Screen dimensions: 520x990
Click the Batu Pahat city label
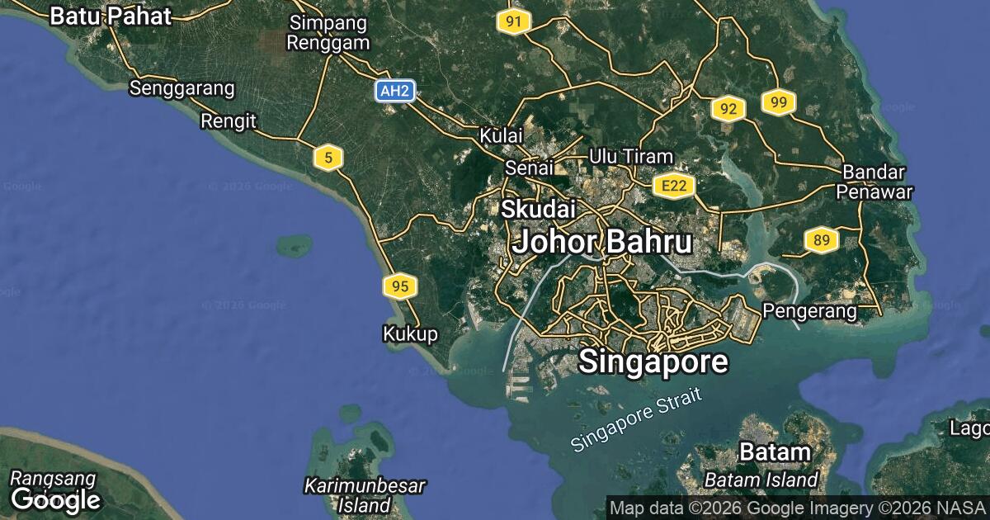tap(111, 16)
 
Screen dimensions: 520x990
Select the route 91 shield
tap(512, 22)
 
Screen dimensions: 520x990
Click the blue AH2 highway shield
tap(394, 91)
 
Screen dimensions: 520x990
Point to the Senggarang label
tap(181, 88)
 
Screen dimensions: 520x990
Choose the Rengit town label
tap(228, 121)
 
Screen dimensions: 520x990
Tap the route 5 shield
tap(328, 157)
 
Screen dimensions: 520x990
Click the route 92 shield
tap(728, 109)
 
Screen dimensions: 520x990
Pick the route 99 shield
tap(778, 102)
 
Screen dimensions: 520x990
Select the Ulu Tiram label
tap(631, 156)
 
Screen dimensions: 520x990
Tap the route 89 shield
tap(821, 240)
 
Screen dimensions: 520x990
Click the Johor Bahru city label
tap(601, 242)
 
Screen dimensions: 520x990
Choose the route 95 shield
tap(399, 286)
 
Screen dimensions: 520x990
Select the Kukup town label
tap(410, 333)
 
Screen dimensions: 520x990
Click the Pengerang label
tap(809, 311)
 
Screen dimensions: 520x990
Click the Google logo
tap(55, 499)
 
